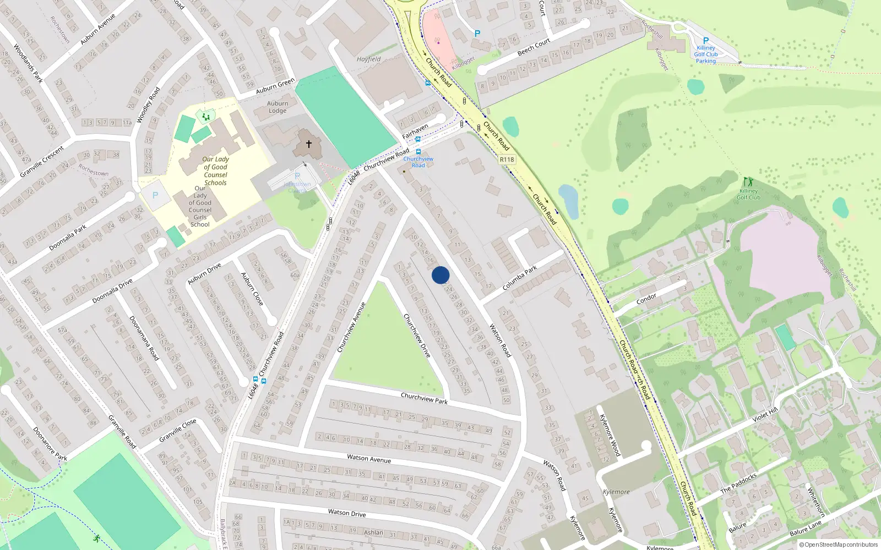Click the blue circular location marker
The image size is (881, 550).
coord(440,275)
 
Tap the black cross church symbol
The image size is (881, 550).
coord(309,144)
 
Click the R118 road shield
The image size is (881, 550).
coord(507,159)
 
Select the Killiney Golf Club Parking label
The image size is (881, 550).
coord(705,54)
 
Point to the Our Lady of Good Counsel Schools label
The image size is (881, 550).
coord(216,170)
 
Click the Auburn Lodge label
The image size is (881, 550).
coord(278,107)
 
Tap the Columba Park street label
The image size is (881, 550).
coord(519,278)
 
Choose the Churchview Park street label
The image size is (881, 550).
coord(424,398)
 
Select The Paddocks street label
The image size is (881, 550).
coord(738,483)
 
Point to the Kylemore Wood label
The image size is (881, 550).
coord(610,435)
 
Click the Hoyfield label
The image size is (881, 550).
coord(368,59)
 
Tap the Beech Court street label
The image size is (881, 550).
coord(534,47)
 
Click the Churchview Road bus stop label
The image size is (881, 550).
coord(418,162)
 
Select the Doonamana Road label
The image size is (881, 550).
coord(144,338)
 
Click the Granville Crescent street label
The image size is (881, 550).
coord(42,162)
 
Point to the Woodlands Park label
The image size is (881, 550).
coord(28,64)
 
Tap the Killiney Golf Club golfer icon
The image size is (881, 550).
coord(747,182)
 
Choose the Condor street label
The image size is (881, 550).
coord(646,298)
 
